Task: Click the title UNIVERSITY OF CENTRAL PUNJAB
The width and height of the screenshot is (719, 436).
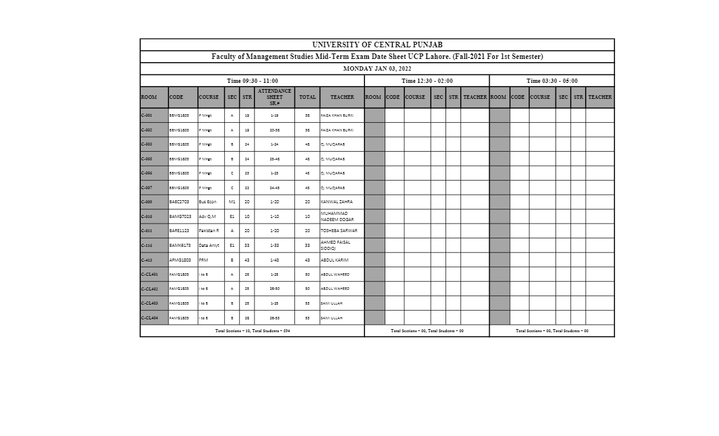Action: (377, 45)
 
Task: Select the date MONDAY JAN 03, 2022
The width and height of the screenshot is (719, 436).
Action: (377, 69)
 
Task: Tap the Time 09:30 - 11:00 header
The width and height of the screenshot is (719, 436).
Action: (252, 81)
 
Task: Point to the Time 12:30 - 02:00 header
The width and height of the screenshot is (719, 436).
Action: (427, 81)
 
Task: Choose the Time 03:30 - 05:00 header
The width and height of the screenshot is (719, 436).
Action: (552, 81)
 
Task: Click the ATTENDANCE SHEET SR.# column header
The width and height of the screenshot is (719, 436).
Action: (275, 97)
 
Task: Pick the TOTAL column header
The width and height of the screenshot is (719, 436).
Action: (307, 97)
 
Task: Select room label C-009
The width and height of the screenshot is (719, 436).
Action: (147, 202)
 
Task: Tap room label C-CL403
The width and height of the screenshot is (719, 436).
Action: (150, 303)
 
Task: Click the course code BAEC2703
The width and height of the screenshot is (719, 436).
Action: (179, 202)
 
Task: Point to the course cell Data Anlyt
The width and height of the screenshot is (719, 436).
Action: (209, 246)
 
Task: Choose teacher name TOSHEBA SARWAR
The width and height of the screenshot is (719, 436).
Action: (339, 231)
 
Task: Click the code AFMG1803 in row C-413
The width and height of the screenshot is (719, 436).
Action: (180, 260)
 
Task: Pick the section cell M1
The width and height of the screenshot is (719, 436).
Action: (232, 202)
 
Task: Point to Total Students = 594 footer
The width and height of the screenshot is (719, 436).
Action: (253, 331)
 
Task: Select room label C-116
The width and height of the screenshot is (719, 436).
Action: (147, 246)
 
